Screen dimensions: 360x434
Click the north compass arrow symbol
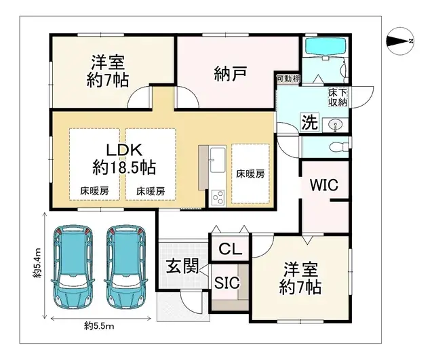click(399, 42)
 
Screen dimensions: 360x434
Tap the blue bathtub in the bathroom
click(325, 49)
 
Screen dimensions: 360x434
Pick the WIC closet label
click(324, 185)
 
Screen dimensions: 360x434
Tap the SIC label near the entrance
click(226, 283)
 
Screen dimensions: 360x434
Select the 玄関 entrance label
click(181, 266)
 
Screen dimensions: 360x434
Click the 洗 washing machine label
click(309, 123)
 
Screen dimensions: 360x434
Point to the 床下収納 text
click(338, 96)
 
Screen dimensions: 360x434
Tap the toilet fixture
click(336, 146)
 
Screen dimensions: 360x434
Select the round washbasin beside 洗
click(333, 125)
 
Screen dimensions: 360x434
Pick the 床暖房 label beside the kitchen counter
click(250, 174)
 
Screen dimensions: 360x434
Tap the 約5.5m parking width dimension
click(100, 327)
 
